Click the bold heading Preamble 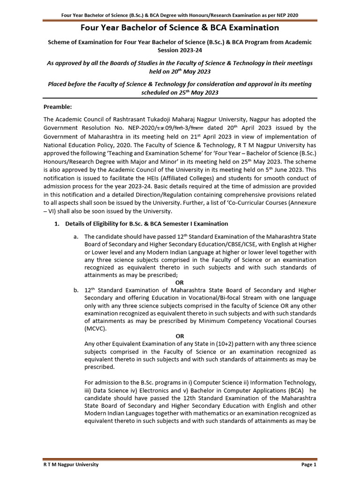(x=58, y=107)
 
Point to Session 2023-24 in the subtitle (x=180, y=50)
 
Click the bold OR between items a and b (x=180, y=283)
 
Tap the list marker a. (x=76, y=237)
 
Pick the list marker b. (x=76, y=290)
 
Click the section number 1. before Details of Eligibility (x=57, y=224)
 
